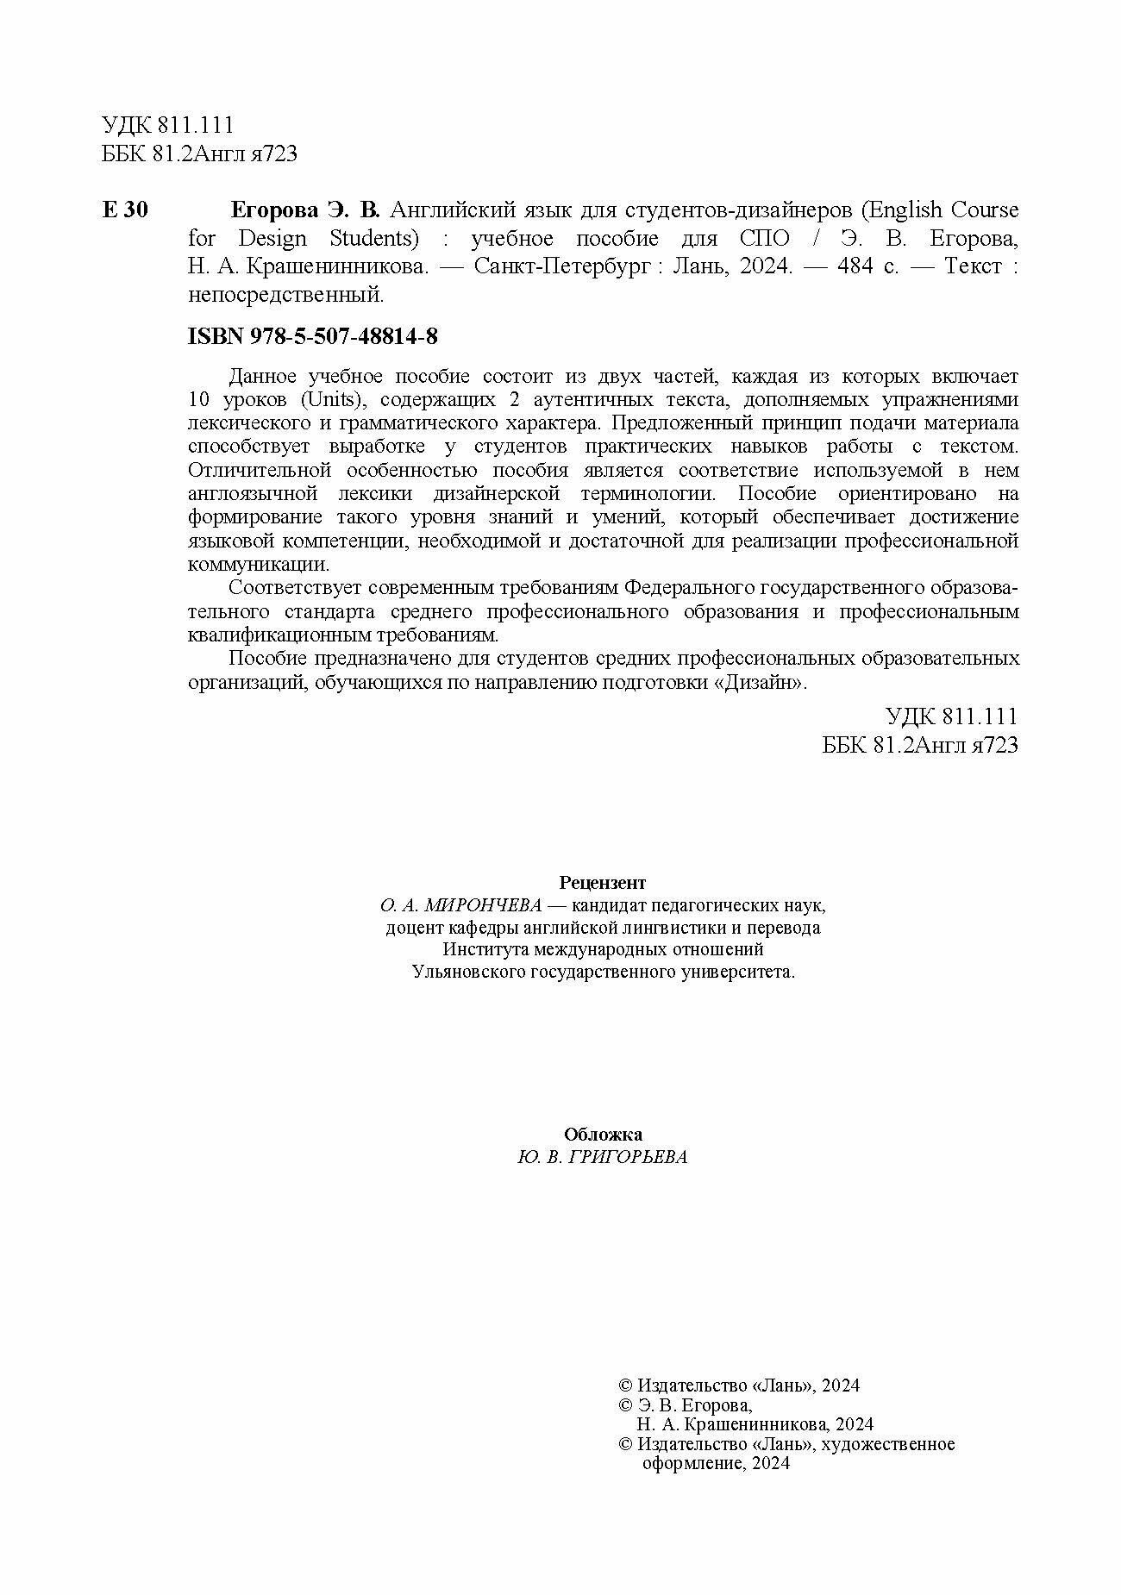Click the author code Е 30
(x=125, y=210)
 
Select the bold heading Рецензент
(x=603, y=882)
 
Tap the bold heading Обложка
(x=603, y=1135)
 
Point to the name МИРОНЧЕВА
(x=484, y=905)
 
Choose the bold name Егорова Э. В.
(x=305, y=210)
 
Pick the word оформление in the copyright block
(x=689, y=1463)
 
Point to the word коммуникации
(x=258, y=565)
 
